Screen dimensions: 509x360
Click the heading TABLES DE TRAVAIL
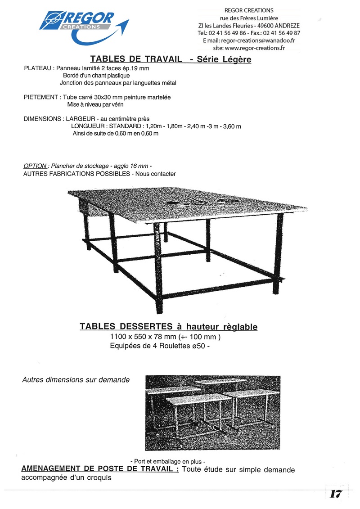point(136,59)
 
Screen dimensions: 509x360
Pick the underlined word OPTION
point(35,166)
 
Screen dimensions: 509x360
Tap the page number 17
point(336,493)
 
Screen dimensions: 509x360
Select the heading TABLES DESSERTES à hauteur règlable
point(168,327)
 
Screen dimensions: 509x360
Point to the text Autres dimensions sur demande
point(76,380)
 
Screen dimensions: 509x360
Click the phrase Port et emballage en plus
point(168,461)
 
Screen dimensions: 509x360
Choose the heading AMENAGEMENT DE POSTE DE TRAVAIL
point(100,469)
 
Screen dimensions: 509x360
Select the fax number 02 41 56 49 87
point(282,33)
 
